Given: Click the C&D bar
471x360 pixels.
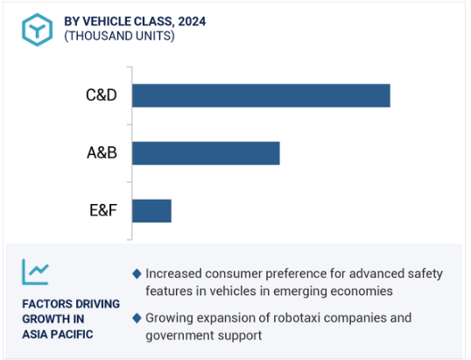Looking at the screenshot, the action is (x=261, y=95).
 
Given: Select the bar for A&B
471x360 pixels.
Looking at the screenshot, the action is (x=206, y=153).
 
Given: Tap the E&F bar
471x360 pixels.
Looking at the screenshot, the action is (x=151, y=211).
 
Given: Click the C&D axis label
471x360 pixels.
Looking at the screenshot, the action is (x=102, y=95).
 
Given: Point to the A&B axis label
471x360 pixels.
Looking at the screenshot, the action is (x=102, y=152).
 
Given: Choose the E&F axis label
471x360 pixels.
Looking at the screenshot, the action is (x=103, y=210).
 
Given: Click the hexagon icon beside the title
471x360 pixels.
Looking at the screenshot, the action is (x=38, y=30).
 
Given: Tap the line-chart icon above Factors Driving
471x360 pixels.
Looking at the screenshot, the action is (x=35, y=272).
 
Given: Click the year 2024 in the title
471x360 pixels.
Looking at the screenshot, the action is (x=192, y=21).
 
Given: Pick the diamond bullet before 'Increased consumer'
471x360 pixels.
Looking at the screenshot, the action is (x=137, y=274).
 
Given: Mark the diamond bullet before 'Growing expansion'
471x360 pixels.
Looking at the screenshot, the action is (x=137, y=318).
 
